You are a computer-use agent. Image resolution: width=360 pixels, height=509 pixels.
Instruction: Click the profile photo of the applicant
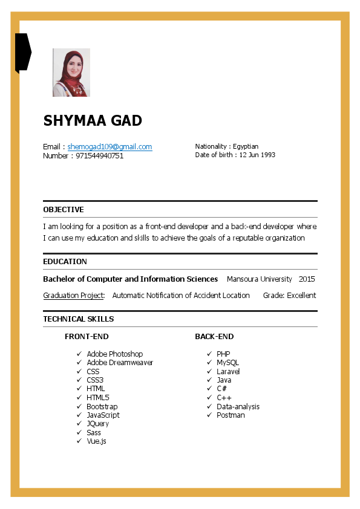[x=71, y=73]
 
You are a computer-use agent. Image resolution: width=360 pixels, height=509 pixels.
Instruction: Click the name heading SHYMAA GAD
[x=93, y=121]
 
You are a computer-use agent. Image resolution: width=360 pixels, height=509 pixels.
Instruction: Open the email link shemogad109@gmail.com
[x=110, y=147]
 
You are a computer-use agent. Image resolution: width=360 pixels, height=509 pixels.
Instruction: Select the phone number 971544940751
[x=99, y=156]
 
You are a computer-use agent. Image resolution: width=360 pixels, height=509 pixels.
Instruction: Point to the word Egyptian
[x=246, y=146]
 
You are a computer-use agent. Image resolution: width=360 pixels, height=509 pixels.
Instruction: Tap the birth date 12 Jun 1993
[x=257, y=155]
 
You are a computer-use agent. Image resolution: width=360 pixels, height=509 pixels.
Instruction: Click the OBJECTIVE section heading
[x=64, y=210]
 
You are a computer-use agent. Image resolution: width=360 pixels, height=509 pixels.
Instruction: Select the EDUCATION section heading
[x=65, y=262]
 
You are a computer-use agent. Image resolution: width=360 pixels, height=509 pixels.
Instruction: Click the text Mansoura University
[x=259, y=279]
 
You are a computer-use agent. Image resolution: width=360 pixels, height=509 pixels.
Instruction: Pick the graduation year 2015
[x=307, y=279]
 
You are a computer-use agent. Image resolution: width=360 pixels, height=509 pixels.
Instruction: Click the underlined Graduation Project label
[x=74, y=296]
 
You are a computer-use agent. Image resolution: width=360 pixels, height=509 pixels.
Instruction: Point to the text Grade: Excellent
[x=289, y=296]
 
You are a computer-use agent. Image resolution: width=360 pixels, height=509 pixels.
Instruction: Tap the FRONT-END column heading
[x=87, y=337]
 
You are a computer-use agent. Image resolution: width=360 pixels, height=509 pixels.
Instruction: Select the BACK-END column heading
[x=214, y=337]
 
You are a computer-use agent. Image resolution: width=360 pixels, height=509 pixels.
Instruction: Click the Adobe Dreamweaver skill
[x=120, y=363]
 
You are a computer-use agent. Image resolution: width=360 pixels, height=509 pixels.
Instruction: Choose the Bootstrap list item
[x=102, y=406]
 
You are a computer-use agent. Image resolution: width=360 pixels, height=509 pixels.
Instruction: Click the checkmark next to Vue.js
[x=79, y=441]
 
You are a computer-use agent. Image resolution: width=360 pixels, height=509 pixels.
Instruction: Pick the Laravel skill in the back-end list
[x=228, y=372]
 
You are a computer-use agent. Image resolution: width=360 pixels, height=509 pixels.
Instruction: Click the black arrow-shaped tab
[x=22, y=52]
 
